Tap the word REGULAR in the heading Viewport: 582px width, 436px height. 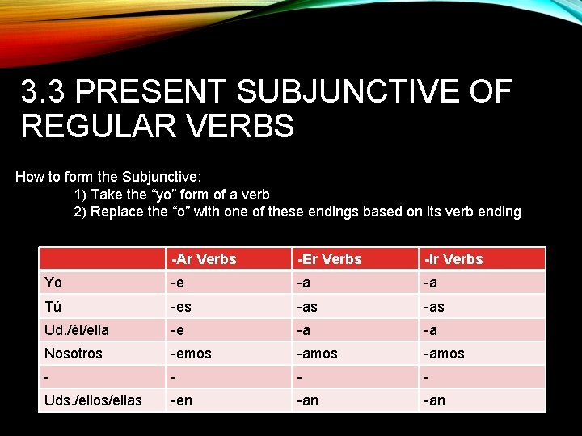click(104, 126)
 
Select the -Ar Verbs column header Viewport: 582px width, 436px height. click(203, 259)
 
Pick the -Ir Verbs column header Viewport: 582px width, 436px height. click(452, 259)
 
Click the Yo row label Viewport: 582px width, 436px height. click(53, 283)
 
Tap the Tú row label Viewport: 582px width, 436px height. click(53, 307)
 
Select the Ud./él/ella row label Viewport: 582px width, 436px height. click(77, 330)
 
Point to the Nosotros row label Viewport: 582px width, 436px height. click(74, 354)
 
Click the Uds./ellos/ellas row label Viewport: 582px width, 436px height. click(93, 400)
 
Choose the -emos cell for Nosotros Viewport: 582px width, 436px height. click(191, 354)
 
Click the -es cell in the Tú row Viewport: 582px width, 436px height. click(181, 307)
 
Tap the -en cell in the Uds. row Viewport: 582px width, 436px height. click(181, 400)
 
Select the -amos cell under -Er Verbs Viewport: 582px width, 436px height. click(318, 354)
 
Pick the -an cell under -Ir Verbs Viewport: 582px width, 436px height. click(434, 400)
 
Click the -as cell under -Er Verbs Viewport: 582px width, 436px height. click(307, 307)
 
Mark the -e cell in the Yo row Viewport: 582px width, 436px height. click(177, 283)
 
